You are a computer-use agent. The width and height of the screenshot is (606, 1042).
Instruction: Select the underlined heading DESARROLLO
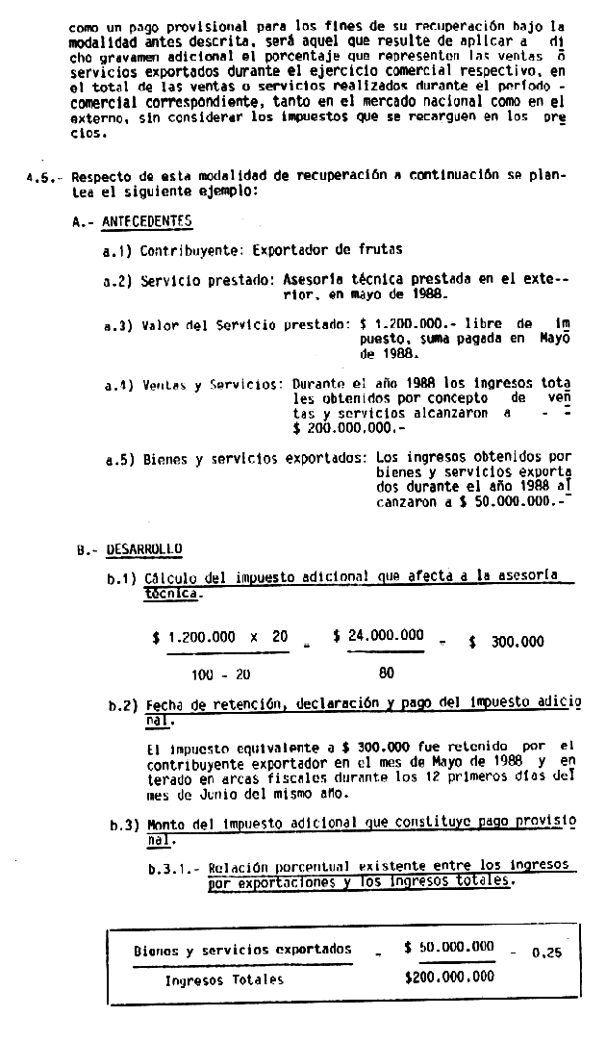(145, 549)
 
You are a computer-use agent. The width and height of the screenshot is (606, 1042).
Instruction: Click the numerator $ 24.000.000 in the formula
(378, 635)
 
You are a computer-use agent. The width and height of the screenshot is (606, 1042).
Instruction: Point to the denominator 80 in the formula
(386, 673)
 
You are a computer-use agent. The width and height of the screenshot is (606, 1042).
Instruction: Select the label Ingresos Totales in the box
(224, 980)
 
